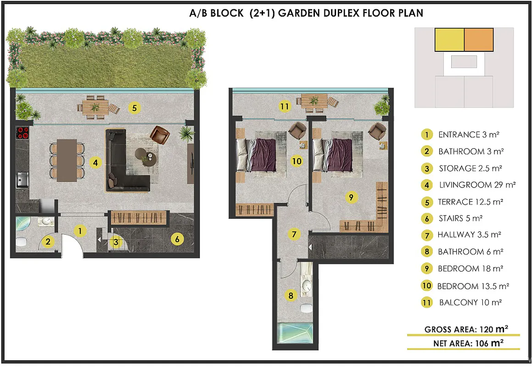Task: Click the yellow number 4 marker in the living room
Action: pyautogui.click(x=95, y=163)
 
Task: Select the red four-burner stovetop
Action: pyautogui.click(x=23, y=133)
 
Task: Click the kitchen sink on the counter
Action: pyautogui.click(x=22, y=179)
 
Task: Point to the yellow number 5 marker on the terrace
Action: pyautogui.click(x=134, y=108)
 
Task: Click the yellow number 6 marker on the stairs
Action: pyautogui.click(x=177, y=239)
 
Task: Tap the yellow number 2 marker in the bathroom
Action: pyautogui.click(x=48, y=241)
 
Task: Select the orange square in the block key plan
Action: pyautogui.click(x=479, y=40)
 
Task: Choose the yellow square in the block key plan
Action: pyautogui.click(x=449, y=40)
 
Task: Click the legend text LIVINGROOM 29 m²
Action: pyautogui.click(x=477, y=185)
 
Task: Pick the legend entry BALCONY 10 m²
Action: pyautogui.click(x=470, y=302)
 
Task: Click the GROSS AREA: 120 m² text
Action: pyautogui.click(x=466, y=329)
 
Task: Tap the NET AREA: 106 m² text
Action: pyautogui.click(x=468, y=343)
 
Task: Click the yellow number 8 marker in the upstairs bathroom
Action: pyautogui.click(x=291, y=295)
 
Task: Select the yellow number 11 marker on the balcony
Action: pyautogui.click(x=285, y=106)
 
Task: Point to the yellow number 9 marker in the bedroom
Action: pyautogui.click(x=351, y=197)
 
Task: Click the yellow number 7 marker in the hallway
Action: pyautogui.click(x=294, y=234)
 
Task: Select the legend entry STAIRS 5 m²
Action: pyautogui.click(x=460, y=218)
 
